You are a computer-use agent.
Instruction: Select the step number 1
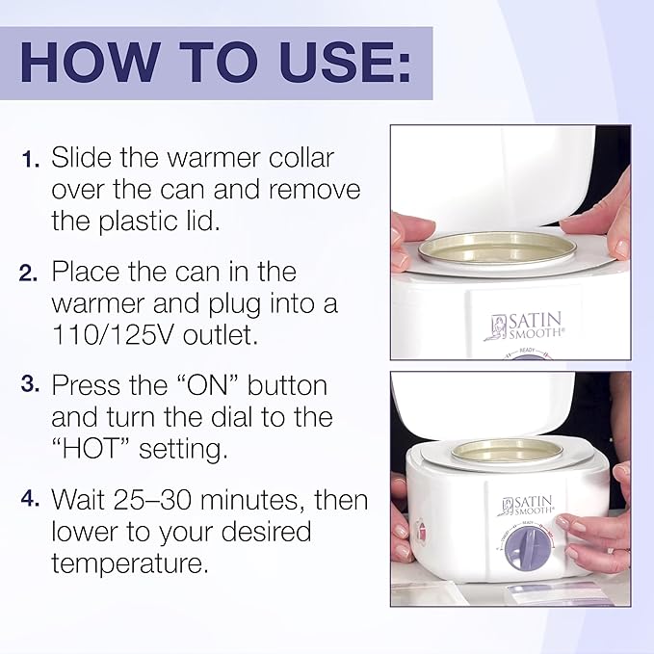pyautogui.click(x=30, y=159)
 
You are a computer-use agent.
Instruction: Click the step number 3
pyautogui.click(x=29, y=385)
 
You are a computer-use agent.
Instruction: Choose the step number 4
pyautogui.click(x=29, y=500)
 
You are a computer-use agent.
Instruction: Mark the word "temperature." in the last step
pyautogui.click(x=130, y=563)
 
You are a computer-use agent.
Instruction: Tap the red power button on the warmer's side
pyautogui.click(x=419, y=531)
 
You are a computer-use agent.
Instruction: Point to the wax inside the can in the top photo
pyautogui.click(x=504, y=249)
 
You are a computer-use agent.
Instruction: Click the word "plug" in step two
pyautogui.click(x=213, y=304)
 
